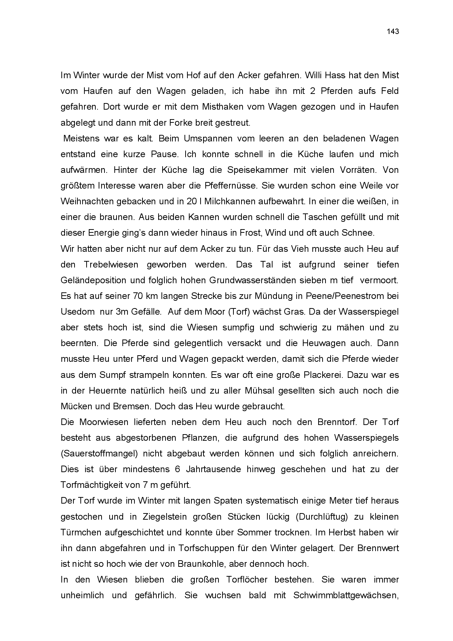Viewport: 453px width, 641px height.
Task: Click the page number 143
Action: click(x=393, y=31)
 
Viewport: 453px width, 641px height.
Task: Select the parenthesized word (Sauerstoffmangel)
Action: click(x=99, y=454)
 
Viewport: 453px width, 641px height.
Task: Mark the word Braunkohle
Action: click(x=201, y=564)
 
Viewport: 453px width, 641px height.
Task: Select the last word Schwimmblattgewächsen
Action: click(x=346, y=595)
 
